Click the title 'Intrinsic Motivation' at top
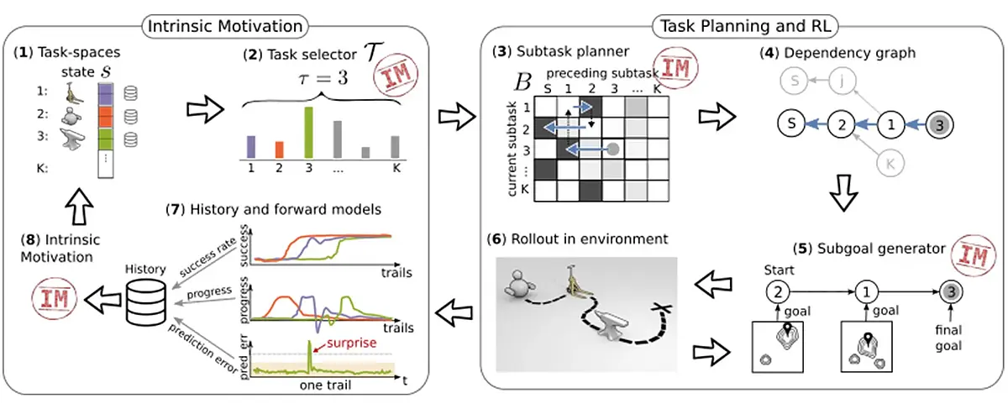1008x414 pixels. [x=225, y=26]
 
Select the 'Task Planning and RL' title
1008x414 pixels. [x=745, y=26]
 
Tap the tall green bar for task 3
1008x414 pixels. [x=309, y=133]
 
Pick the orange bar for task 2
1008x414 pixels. [x=280, y=149]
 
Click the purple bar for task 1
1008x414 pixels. [x=251, y=147]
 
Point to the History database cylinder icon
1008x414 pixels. [x=146, y=302]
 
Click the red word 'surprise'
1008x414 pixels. [x=351, y=343]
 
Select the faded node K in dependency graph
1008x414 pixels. [x=890, y=164]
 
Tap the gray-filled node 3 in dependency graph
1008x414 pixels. [x=940, y=125]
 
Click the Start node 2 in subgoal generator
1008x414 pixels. [x=778, y=292]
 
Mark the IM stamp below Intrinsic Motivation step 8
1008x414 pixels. [x=55, y=299]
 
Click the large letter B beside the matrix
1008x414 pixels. [x=522, y=83]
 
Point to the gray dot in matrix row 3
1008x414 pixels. [x=613, y=149]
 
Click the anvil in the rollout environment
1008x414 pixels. [x=612, y=328]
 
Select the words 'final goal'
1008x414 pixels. [x=948, y=338]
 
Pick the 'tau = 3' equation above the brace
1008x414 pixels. [x=323, y=78]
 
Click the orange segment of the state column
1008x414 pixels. [x=105, y=117]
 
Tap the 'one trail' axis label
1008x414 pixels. [x=325, y=385]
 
